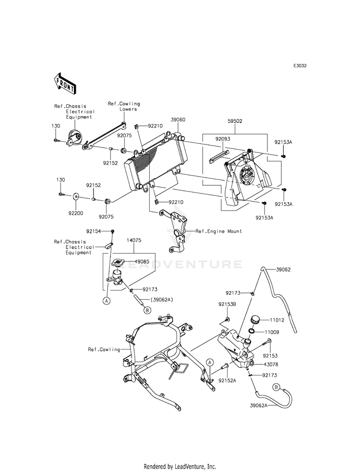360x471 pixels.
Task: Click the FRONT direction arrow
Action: (x=64, y=82)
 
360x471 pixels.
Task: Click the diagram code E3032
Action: (x=300, y=66)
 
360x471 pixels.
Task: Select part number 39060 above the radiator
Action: (x=178, y=120)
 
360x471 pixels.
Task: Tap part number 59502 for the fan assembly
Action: (x=235, y=121)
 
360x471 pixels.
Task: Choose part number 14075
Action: (x=134, y=241)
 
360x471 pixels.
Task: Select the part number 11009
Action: (x=272, y=332)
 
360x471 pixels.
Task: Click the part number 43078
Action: (x=271, y=364)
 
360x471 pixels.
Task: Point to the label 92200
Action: (x=76, y=213)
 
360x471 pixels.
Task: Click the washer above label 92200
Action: (x=76, y=197)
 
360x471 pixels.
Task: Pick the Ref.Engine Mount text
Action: (x=218, y=231)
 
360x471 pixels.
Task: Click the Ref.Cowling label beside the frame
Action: (x=104, y=350)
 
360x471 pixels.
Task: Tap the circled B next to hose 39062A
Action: (x=276, y=387)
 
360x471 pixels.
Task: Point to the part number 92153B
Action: (x=227, y=304)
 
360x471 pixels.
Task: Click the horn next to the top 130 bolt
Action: (x=74, y=138)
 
